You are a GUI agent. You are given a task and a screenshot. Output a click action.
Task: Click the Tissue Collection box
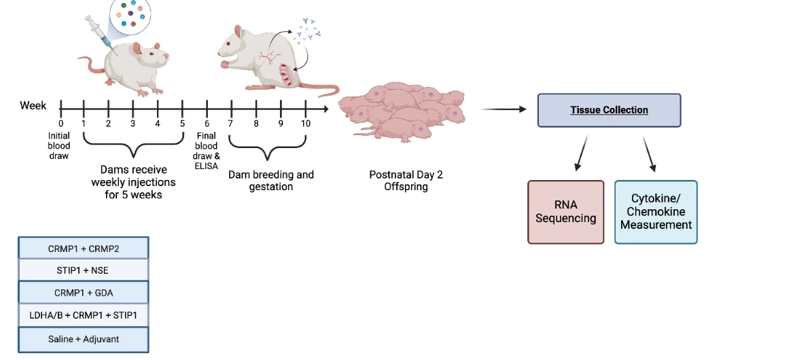tap(609, 110)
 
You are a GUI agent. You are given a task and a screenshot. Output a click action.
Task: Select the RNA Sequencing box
tap(565, 212)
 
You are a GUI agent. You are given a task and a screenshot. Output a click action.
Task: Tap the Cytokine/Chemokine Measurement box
tap(656, 212)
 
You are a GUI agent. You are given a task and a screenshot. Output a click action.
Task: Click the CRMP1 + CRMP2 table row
tap(84, 248)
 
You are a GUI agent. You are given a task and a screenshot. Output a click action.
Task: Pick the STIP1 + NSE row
tap(84, 270)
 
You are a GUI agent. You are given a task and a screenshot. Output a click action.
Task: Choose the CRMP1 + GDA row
tap(84, 293)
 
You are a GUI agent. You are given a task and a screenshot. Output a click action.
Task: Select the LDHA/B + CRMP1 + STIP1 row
tap(84, 315)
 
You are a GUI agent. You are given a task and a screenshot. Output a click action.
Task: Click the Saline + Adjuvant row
tap(84, 339)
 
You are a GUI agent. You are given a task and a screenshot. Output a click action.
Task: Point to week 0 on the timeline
tap(60, 123)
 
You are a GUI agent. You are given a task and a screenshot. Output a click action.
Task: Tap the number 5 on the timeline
tap(182, 123)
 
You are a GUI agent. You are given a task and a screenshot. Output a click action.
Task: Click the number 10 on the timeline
tap(306, 123)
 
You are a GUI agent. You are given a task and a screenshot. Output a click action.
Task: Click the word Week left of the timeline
tap(33, 105)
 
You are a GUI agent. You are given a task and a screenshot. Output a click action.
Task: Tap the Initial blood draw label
tap(59, 145)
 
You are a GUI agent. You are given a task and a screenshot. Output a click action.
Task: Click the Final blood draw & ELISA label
tap(207, 146)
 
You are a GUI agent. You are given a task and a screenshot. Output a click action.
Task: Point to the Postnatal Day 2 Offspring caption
tap(406, 180)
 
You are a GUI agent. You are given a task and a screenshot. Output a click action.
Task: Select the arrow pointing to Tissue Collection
tap(504, 109)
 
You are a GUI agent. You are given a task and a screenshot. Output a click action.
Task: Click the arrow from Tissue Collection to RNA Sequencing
tap(582, 152)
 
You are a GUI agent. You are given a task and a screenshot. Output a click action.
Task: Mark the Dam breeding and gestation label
tap(271, 180)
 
